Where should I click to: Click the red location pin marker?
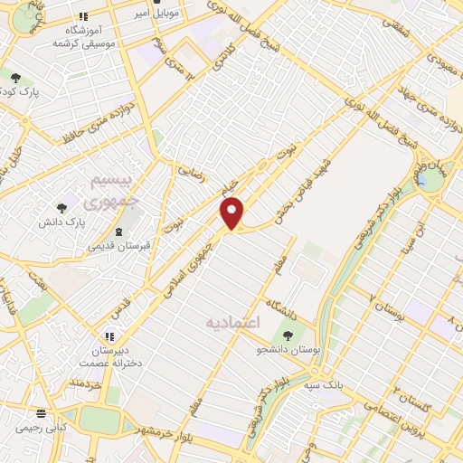[x=233, y=213]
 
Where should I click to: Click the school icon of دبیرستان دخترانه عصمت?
[x=112, y=336]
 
